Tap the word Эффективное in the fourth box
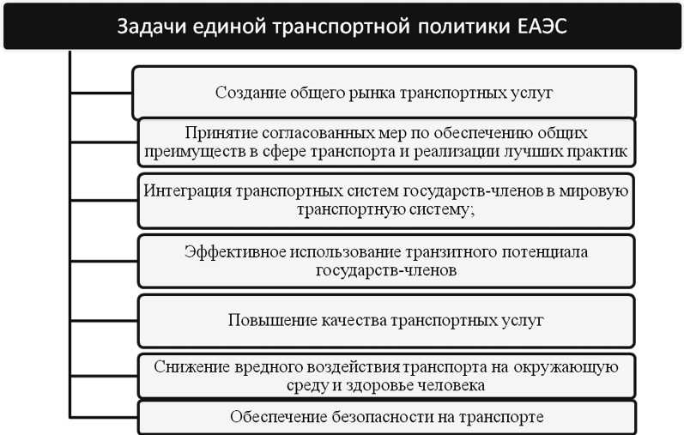pyautogui.click(x=226, y=252)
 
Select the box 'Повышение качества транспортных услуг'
pyautogui.click(x=386, y=320)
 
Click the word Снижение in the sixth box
pyautogui.click(x=191, y=367)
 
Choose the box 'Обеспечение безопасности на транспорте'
pyautogui.click(x=386, y=418)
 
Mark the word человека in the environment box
pyautogui.click(x=454, y=385)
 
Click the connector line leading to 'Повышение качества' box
pyautogui.click(x=104, y=318)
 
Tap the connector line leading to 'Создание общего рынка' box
pyautogui.click(x=100, y=90)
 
